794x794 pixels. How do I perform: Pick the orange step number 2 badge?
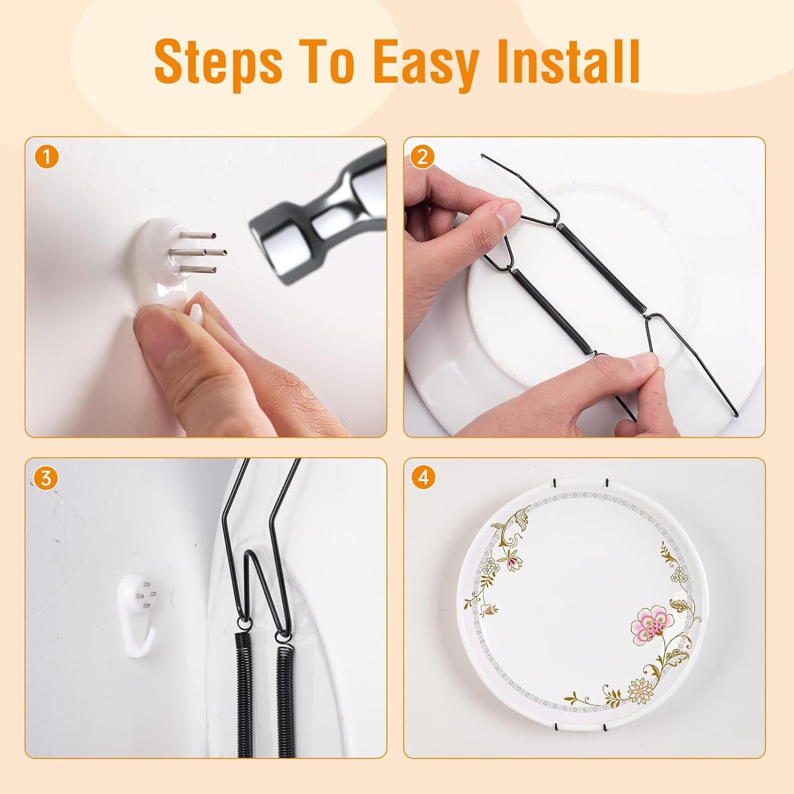coord(423,158)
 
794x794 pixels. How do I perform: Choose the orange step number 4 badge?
coord(423,478)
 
